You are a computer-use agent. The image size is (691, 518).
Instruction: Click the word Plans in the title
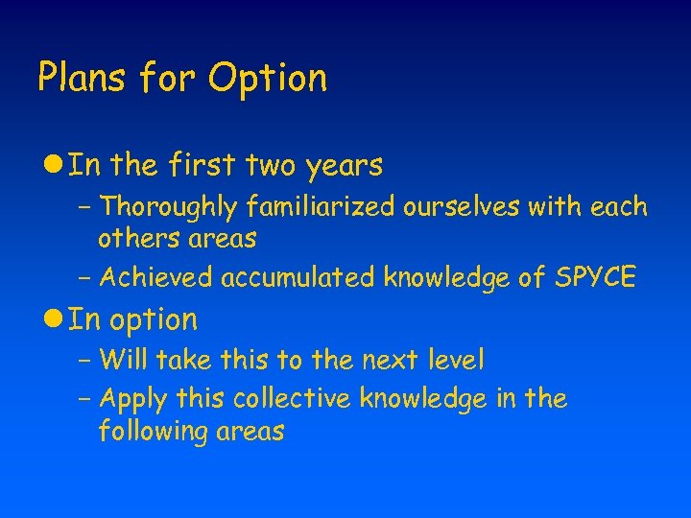point(79,78)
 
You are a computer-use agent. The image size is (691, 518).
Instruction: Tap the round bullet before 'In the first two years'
point(55,166)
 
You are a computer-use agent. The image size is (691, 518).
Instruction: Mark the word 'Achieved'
point(156,277)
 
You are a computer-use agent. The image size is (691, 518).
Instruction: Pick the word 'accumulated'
point(298,277)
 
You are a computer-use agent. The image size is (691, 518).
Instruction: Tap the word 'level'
point(455,361)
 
